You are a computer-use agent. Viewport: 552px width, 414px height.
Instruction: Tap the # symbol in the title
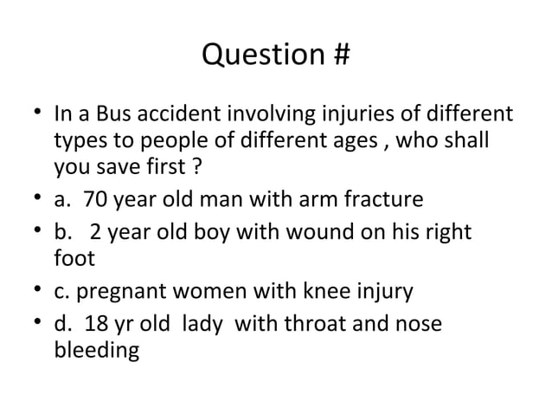point(340,55)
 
